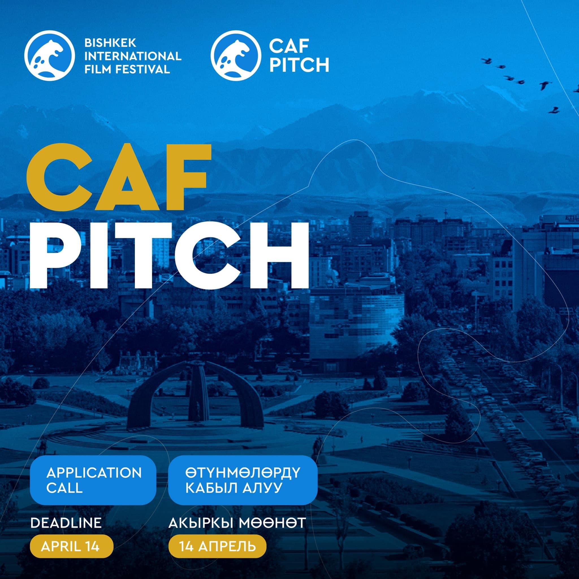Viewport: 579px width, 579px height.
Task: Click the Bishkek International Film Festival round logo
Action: [49, 55]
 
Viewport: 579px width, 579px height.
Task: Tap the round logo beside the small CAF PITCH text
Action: [236, 55]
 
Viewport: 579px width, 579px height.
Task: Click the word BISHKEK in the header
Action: [110, 43]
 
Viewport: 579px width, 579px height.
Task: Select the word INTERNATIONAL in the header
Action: [133, 56]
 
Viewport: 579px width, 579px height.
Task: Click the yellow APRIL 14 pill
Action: [71, 555]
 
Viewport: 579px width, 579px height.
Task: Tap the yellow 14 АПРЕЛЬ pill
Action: [217, 555]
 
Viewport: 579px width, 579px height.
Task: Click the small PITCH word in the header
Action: [299, 65]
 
